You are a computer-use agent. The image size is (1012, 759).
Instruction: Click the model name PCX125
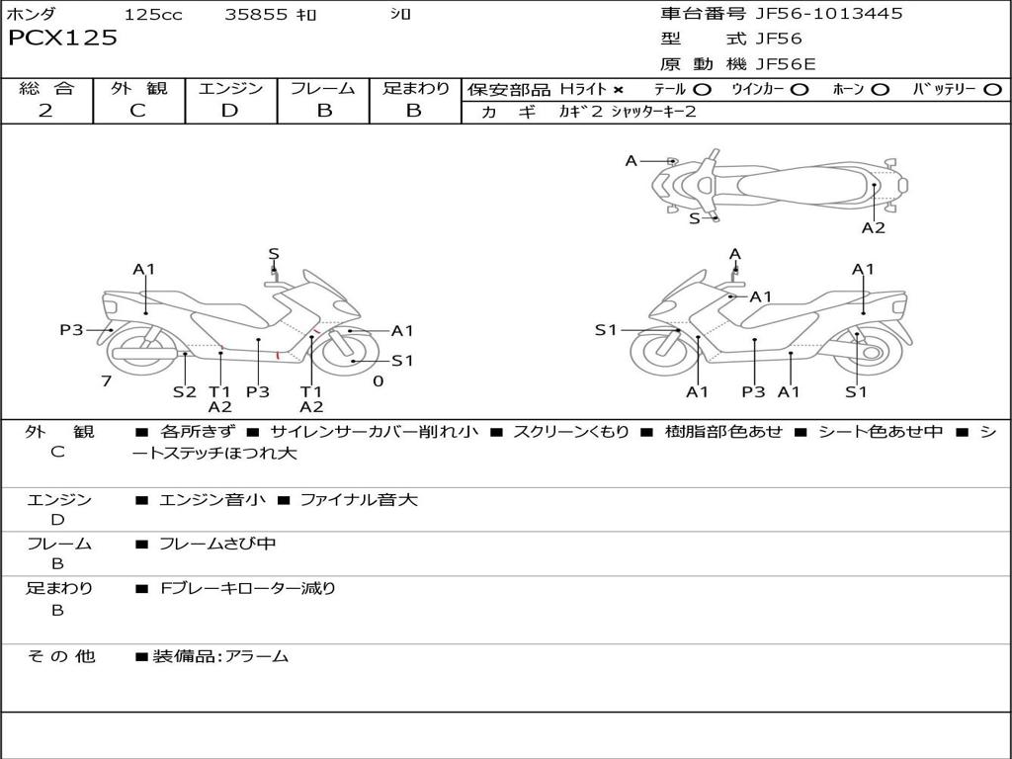pos(62,39)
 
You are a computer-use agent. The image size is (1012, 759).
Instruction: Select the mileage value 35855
pos(256,14)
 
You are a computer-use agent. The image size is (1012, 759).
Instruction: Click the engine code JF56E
pos(786,64)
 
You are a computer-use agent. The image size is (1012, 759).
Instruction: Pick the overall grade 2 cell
pos(45,111)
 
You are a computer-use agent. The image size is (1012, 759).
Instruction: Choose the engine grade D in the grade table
pos(230,111)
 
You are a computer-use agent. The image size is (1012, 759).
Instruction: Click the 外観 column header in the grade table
pos(138,88)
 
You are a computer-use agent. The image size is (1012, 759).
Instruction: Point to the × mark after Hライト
pos(618,90)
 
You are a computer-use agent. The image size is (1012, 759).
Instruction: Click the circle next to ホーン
pos(881,90)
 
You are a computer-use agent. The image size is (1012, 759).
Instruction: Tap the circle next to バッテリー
pos(993,90)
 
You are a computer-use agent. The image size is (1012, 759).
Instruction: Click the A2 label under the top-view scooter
pos(873,228)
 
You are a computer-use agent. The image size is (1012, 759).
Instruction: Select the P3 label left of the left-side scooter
pos(71,330)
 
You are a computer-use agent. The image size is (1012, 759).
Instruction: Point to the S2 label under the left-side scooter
pos(185,391)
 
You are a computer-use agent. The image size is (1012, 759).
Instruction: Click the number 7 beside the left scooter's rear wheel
pos(105,380)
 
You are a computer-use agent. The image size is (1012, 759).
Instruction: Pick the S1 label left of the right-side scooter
pos(606,330)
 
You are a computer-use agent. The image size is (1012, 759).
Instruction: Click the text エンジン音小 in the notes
pos(212,500)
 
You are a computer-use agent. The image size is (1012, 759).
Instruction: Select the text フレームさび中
pos(217,544)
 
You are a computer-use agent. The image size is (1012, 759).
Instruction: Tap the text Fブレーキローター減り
pos(248,588)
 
